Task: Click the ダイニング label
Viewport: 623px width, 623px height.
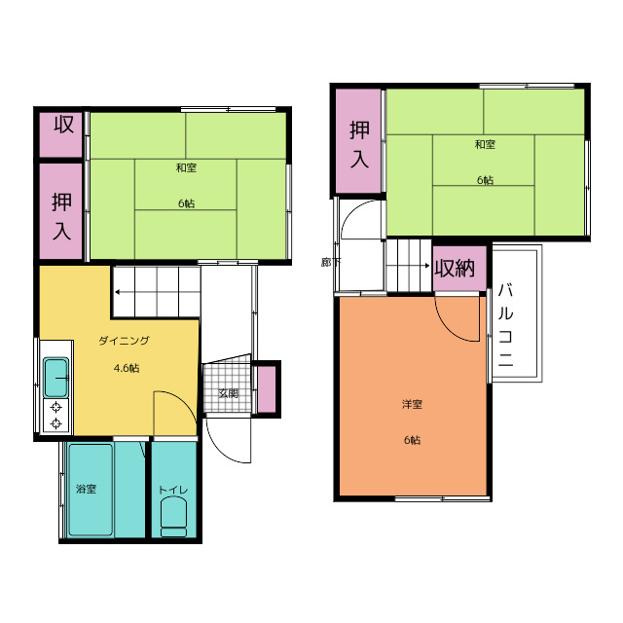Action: coord(124,341)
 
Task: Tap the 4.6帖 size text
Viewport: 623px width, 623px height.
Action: coord(127,368)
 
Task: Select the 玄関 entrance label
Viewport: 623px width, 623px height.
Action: coord(229,393)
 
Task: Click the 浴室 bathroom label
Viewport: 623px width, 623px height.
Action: coord(87,489)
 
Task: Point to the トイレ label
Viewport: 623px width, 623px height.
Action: coord(173,490)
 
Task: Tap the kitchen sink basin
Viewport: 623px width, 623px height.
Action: coord(56,378)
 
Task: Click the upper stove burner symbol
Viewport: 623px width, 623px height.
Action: coord(56,407)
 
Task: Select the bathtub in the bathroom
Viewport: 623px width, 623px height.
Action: coord(91,490)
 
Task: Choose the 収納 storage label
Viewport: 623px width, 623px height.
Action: coord(455,269)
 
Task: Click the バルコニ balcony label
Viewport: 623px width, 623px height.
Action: coord(505,324)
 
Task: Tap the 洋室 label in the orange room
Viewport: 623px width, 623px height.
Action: coord(412,405)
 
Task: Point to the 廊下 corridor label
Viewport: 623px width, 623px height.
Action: coord(331,263)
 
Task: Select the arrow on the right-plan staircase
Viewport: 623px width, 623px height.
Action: coord(408,265)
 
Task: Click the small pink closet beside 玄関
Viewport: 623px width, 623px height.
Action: coord(267,389)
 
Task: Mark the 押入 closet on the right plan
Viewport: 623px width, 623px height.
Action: coord(359,140)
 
